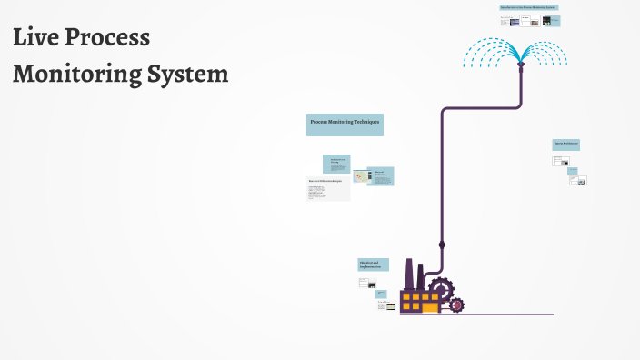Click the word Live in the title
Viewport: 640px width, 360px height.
pos(37,39)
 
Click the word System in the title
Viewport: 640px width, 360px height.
pos(189,75)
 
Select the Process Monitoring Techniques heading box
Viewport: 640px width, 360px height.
pos(345,124)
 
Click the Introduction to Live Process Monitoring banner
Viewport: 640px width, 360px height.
pos(528,7)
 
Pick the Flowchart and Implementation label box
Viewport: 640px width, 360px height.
pos(373,265)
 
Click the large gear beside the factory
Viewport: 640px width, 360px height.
pos(441,290)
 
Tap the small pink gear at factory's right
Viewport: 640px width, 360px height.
pos(456,305)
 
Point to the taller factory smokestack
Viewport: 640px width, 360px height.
pos(409,274)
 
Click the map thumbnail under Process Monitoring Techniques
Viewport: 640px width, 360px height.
pos(358,175)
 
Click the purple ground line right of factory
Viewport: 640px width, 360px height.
pos(509,315)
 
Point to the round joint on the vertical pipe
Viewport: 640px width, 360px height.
pos(442,245)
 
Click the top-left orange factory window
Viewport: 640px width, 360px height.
pos(407,296)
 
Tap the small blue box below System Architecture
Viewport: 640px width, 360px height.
pos(573,169)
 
